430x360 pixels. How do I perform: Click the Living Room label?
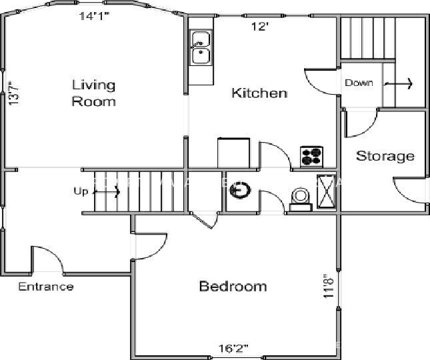[93, 93]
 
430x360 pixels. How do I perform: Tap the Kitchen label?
[259, 93]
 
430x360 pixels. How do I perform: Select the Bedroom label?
[233, 287]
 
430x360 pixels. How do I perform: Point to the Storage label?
[385, 156]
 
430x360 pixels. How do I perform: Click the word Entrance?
[45, 287]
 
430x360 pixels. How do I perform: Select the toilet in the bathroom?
[301, 199]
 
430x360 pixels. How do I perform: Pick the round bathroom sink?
[239, 191]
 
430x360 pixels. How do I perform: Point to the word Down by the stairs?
[359, 83]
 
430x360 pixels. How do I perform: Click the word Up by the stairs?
[81, 192]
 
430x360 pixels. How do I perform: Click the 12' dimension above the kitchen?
[259, 27]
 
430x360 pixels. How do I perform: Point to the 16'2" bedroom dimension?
[233, 348]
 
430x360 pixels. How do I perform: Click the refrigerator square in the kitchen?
[233, 153]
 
